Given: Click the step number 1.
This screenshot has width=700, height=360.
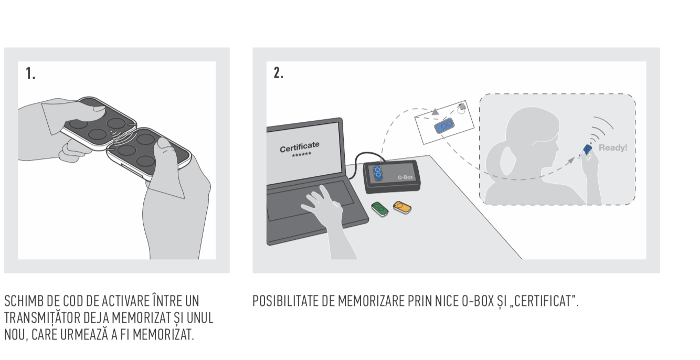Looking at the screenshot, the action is coord(30,73).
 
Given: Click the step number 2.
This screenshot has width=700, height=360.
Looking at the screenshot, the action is coord(279,72).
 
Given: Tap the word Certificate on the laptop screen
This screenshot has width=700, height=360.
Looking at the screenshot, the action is coord(300,146).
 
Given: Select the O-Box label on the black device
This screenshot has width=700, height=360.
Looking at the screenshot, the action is coord(405,177).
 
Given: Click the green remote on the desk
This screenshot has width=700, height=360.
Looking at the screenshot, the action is coord(380,209).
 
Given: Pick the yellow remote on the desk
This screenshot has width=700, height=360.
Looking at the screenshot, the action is coord(402,208).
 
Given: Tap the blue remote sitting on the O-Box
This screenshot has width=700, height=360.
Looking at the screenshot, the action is coord(377,173).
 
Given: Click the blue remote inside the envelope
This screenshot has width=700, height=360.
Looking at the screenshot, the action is coord(444,125).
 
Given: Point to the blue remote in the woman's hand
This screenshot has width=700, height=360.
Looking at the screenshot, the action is coord(587,150).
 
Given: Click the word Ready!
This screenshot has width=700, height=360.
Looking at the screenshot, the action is coord(613,147).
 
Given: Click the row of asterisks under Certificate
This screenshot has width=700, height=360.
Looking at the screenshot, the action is coord(301,154).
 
